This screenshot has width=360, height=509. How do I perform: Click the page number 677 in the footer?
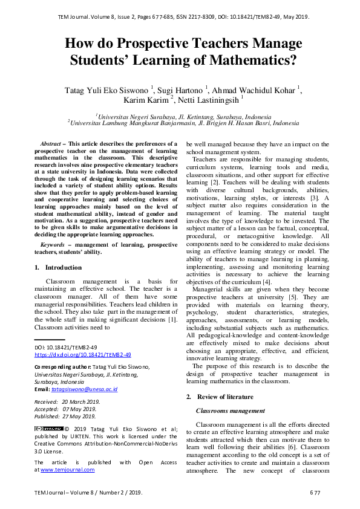point(315,493)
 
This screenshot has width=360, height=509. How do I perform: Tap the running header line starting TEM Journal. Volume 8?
point(180,16)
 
